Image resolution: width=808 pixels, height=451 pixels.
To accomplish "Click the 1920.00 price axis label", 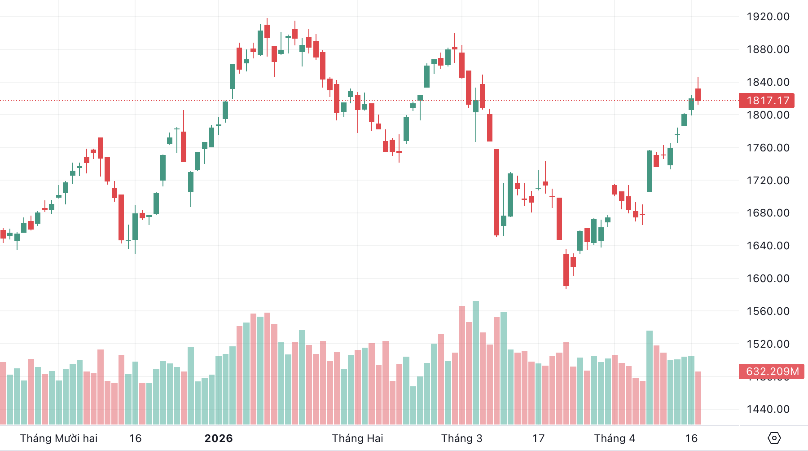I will tap(768, 17).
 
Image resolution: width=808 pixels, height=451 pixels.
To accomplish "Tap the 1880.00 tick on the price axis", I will tap(768, 49).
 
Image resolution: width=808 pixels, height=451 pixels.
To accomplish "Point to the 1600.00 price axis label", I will tap(768, 279).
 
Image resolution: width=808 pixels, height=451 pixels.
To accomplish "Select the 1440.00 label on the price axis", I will tap(768, 409).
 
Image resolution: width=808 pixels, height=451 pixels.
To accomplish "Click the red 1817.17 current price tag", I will tap(767, 101).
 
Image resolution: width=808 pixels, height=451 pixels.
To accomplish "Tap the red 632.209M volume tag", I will tap(772, 371).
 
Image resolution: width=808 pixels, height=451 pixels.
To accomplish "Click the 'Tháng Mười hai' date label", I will tap(59, 438).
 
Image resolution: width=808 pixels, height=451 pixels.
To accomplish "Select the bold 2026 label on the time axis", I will tap(219, 438).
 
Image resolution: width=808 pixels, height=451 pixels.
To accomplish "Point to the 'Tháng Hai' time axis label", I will tap(357, 438).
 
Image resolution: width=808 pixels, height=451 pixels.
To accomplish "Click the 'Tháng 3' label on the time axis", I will tap(461, 438).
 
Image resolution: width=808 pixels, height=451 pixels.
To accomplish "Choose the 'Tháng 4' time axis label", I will tap(615, 438).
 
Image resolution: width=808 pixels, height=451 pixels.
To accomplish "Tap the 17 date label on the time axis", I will tap(538, 438).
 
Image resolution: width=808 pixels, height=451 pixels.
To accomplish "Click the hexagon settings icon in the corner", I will tap(774, 438).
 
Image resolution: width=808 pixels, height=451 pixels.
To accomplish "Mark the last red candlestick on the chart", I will tap(698, 95).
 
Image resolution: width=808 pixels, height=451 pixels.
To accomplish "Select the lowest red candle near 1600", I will tap(566, 270).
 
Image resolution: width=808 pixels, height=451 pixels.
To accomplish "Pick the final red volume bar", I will tap(698, 398).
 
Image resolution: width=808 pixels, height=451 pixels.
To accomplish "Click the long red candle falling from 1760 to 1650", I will tap(496, 192).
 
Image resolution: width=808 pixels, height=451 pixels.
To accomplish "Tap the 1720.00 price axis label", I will tap(768, 181).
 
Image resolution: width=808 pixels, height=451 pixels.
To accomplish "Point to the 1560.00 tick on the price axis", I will tap(768, 311).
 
